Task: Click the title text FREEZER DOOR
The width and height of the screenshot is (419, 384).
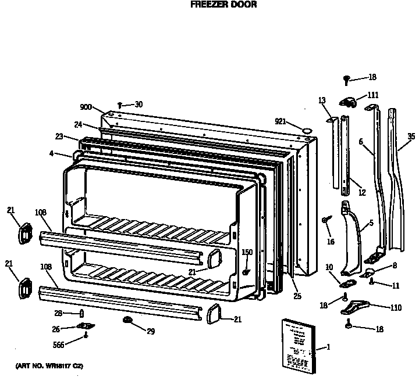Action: pos(215,4)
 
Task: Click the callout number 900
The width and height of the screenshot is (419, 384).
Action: pos(87,106)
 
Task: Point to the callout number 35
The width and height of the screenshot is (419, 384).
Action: pos(411,137)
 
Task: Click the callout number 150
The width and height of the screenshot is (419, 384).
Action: pos(247,252)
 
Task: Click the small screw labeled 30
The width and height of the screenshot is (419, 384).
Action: pos(119,105)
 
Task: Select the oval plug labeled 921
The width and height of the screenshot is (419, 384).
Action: pos(304,127)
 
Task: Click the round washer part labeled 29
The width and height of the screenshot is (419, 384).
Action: pos(126,320)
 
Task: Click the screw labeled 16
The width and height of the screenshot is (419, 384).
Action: pos(325,220)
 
